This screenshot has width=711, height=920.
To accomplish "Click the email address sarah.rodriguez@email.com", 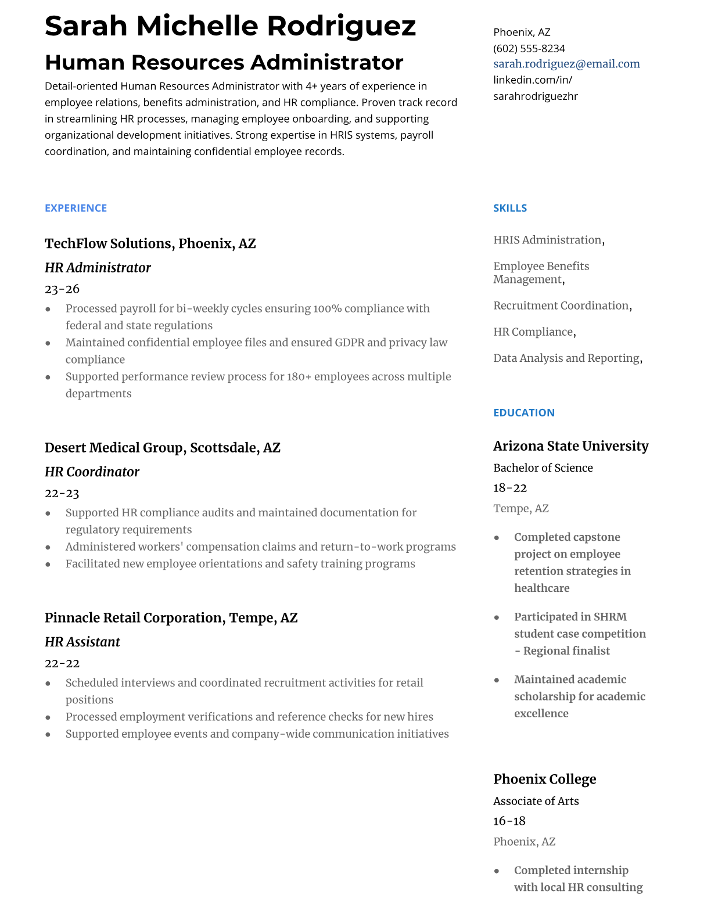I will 566,64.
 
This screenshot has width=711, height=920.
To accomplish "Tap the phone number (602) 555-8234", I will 529,48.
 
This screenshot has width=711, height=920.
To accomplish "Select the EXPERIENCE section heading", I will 76,208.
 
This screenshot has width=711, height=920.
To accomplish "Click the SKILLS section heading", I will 510,208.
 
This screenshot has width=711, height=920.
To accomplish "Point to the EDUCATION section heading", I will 523,412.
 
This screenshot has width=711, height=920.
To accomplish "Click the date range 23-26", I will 62,289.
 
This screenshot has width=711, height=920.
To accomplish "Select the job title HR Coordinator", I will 92,472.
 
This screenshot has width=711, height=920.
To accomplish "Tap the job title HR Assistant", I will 82,642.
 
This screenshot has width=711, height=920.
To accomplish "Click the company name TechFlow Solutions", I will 109,243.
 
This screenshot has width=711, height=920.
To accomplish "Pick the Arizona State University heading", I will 570,446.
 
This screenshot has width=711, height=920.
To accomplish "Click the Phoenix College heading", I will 544,779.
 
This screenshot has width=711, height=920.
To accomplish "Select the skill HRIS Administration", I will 547,240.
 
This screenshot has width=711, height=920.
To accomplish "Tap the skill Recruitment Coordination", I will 561,306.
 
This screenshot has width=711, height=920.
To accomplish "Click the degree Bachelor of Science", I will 543,468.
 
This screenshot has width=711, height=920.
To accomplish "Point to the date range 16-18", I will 509,821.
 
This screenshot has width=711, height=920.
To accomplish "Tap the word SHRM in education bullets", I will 610,617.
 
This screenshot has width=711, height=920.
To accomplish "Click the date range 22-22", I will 62,663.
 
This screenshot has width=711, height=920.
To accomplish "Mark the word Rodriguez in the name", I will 342,26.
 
